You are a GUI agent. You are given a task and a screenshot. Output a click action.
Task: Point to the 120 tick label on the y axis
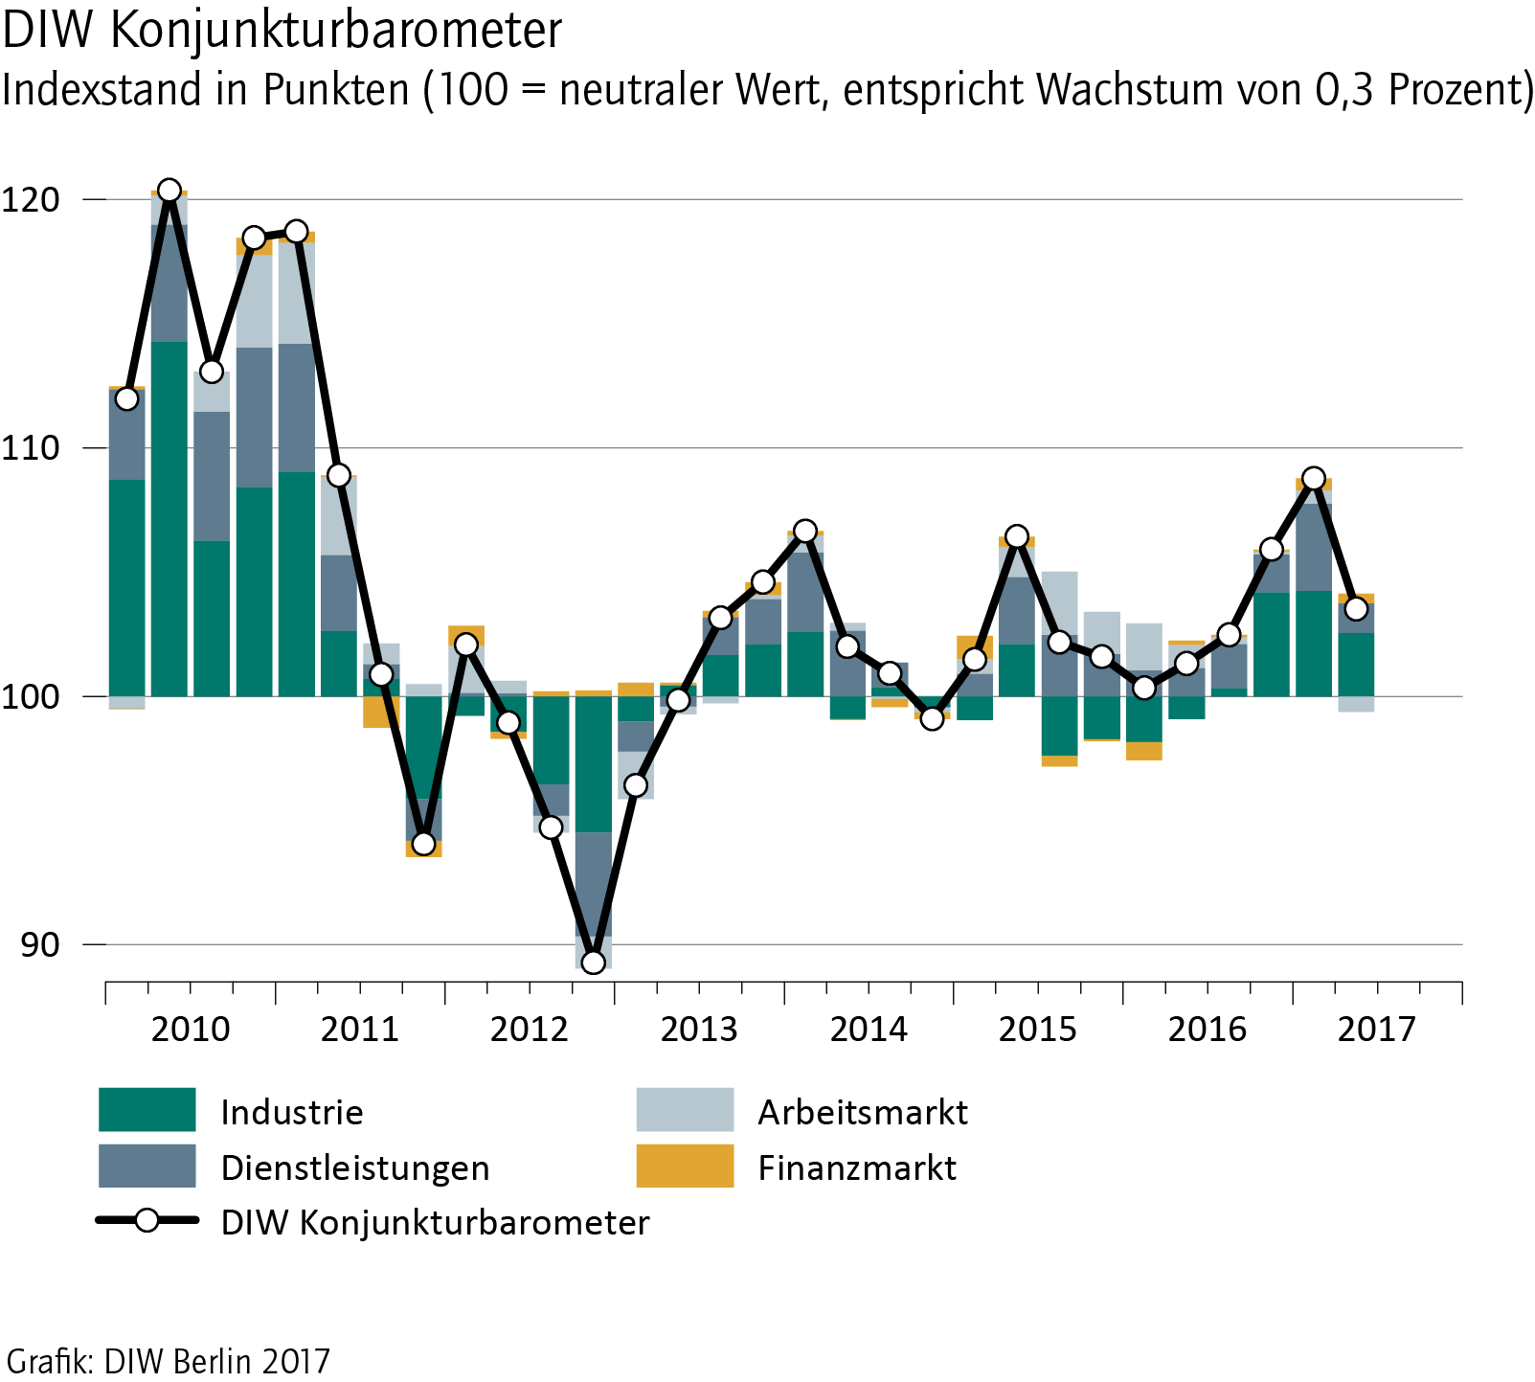[31, 200]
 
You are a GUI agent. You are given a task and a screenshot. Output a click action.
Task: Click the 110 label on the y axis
[31, 448]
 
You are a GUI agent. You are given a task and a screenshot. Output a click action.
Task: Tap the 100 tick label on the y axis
[31, 696]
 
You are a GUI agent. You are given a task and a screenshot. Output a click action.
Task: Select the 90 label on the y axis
[39, 944]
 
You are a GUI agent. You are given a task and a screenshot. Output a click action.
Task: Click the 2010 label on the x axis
[191, 1030]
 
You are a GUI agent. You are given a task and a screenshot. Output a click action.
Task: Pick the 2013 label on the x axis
[699, 1030]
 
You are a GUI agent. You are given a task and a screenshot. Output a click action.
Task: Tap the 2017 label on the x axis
[1376, 1030]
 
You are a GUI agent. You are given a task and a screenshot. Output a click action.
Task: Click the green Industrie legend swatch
[147, 1110]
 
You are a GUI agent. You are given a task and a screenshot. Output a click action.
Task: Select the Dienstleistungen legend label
[355, 1167]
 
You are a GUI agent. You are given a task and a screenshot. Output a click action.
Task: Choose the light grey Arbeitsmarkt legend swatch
[685, 1110]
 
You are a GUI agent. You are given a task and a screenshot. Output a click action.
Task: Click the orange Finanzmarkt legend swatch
[685, 1166]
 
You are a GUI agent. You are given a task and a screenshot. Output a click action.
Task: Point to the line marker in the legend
[147, 1221]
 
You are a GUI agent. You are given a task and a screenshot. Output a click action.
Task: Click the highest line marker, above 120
[169, 191]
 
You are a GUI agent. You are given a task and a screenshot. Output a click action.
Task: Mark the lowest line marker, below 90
[593, 962]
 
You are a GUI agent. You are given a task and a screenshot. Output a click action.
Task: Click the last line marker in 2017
[1356, 608]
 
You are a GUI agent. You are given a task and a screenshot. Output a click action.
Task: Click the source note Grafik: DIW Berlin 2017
[169, 1361]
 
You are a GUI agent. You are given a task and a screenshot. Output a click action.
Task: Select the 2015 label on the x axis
[1037, 1030]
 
